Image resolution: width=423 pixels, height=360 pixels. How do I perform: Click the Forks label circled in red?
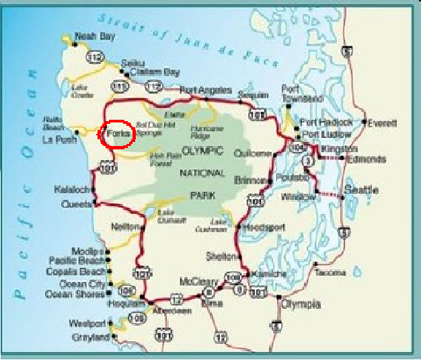tap(117, 133)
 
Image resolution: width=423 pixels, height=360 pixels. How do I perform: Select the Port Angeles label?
tap(206, 90)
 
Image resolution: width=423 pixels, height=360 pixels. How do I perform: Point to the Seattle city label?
tap(362, 190)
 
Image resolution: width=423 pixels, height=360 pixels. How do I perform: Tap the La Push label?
tap(56, 140)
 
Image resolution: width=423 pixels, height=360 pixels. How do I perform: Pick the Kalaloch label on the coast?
tap(71, 190)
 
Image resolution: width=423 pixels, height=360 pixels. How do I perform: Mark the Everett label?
tap(383, 123)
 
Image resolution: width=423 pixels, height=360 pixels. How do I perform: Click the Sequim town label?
tap(256, 94)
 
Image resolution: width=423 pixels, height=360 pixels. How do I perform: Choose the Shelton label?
tap(223, 256)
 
